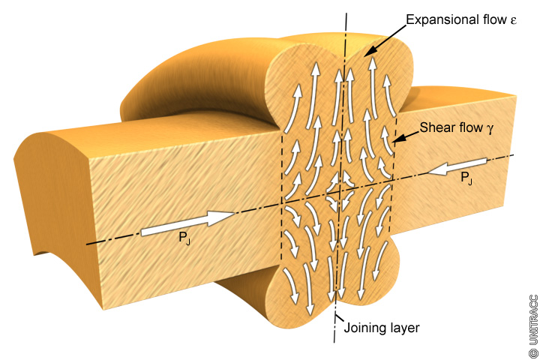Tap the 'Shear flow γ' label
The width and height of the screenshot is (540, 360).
(x=456, y=128)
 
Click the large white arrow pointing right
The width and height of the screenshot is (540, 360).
(x=188, y=223)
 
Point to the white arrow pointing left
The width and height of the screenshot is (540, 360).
(x=458, y=166)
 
